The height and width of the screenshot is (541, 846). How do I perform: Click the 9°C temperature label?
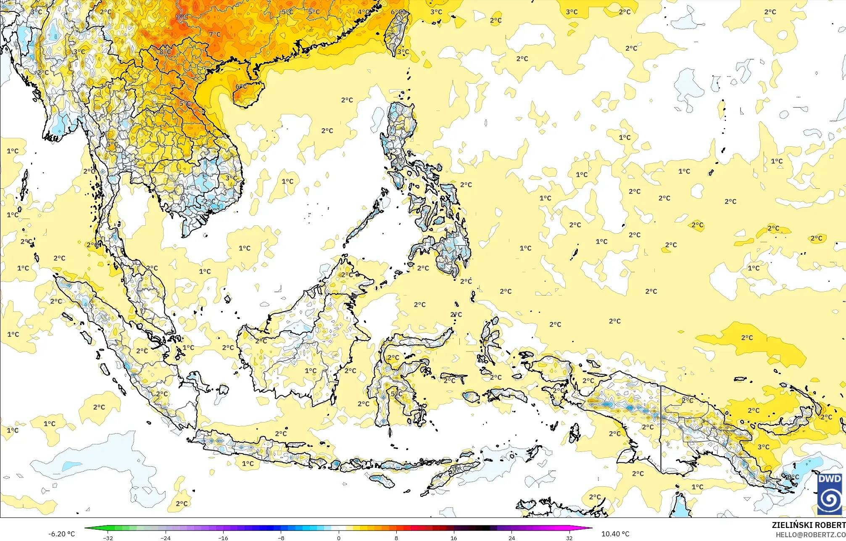click(x=182, y=17)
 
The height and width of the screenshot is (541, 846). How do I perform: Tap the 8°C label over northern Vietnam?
click(x=165, y=52)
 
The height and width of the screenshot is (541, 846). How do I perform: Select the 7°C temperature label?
click(x=215, y=34)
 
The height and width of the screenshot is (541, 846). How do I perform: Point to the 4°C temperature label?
click(x=364, y=12)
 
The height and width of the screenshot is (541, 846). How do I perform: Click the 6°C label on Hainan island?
click(x=241, y=87)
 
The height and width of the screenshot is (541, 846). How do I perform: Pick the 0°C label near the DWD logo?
click(x=793, y=477)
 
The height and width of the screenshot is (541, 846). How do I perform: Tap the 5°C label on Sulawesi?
click(x=396, y=394)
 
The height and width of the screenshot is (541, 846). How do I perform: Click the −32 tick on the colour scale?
click(x=108, y=538)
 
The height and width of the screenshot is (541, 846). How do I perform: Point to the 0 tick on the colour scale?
click(x=339, y=538)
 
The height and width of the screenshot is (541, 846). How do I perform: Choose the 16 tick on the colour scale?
click(x=454, y=538)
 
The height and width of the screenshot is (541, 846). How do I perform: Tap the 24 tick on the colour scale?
click(x=511, y=538)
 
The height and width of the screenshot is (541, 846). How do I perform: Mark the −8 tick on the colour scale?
click(x=281, y=538)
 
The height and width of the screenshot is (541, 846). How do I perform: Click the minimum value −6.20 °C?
click(x=61, y=534)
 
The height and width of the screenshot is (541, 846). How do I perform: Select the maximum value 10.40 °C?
click(x=615, y=534)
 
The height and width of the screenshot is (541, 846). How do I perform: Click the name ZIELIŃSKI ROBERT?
click(x=809, y=525)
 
